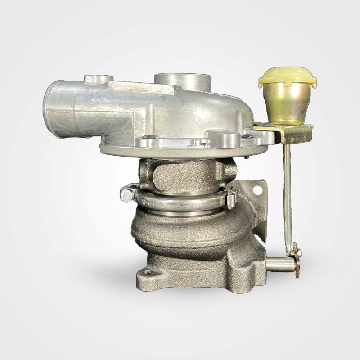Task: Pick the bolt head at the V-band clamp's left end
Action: pyautogui.click(x=127, y=195)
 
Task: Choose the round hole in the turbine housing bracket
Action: pyautogui.click(x=257, y=190)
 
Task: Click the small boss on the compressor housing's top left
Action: pyautogui.click(x=98, y=80)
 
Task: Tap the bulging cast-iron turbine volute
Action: pyautogui.click(x=189, y=229)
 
